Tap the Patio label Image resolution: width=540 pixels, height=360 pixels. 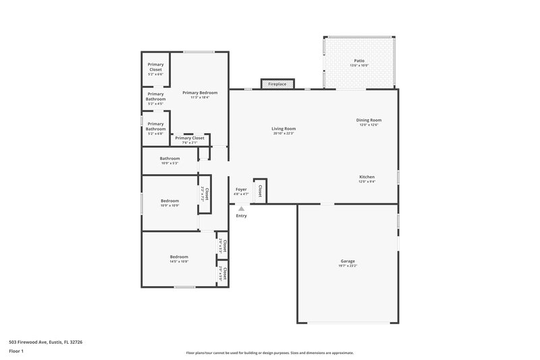point(359,61)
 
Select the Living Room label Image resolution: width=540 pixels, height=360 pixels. point(283,128)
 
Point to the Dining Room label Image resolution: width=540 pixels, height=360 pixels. point(369,120)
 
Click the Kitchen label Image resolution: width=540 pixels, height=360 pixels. point(367,177)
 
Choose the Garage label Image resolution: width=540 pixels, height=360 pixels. point(348,261)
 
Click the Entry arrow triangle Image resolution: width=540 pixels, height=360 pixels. point(241,209)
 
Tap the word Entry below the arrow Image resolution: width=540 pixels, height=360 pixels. point(241,216)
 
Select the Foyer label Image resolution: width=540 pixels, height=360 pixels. point(241,189)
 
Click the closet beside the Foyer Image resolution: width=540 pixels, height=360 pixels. point(260,190)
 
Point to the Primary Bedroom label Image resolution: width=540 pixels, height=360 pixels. point(199,92)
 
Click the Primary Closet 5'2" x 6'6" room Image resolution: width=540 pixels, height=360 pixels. point(155,69)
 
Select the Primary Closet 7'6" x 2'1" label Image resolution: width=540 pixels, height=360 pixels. point(189,138)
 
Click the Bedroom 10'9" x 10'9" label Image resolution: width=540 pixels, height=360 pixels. point(169,201)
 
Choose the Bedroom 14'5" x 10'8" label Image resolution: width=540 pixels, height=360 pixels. point(179,257)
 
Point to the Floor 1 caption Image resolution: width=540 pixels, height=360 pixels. point(16,351)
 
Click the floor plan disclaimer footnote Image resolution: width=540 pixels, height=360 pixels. point(269,353)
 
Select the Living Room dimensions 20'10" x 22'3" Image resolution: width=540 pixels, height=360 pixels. point(283,133)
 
